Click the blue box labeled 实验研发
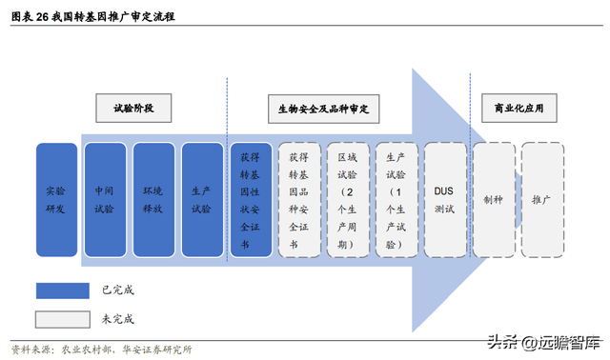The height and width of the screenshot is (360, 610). point(56,200)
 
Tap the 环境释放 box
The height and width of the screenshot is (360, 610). point(153,200)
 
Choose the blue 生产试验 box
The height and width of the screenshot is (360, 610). point(202,200)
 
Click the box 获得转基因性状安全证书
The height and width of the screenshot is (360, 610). point(251,200)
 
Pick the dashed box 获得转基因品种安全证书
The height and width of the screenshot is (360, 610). point(299,200)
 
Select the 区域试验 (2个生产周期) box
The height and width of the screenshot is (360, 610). point(348,200)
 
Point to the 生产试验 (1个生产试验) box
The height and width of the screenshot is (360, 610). point(396,200)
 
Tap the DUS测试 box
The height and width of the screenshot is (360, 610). point(445,200)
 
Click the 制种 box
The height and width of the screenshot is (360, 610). point(494,200)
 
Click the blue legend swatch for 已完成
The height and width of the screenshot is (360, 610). point(63,290)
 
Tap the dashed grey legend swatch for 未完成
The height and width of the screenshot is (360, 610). point(63,318)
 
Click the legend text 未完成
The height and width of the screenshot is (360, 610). point(118,318)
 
